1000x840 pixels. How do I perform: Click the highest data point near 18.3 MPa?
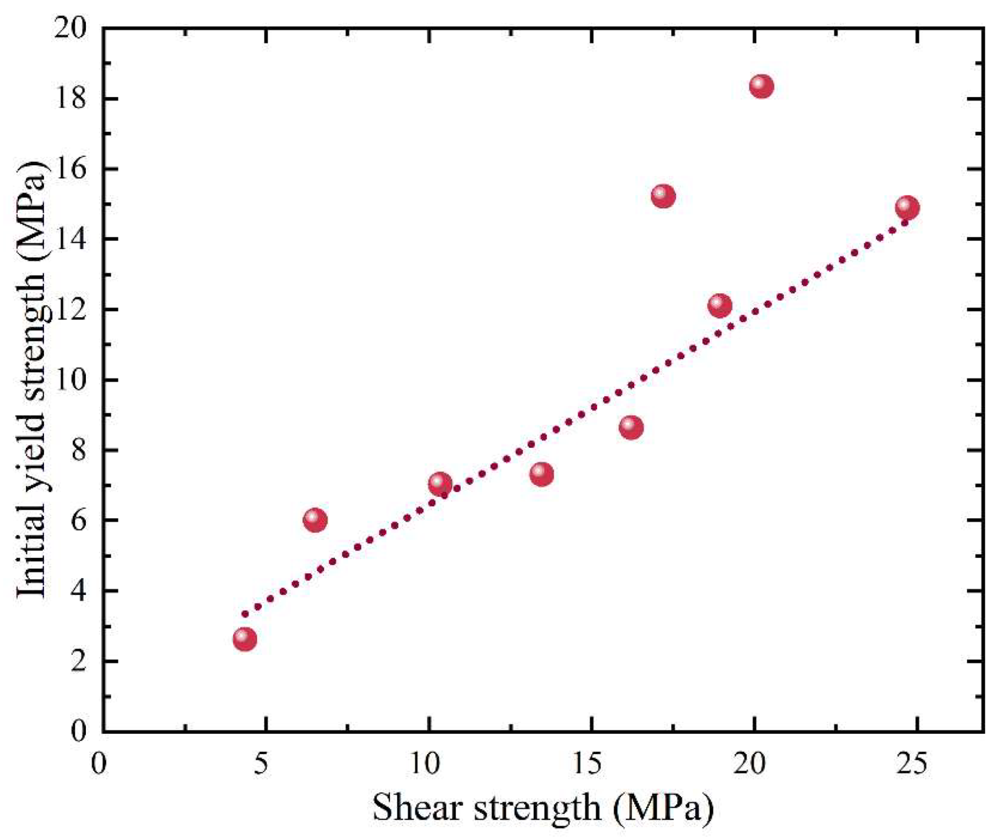click(761, 86)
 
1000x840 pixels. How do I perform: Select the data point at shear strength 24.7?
click(907, 208)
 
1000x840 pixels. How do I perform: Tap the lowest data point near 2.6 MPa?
click(245, 639)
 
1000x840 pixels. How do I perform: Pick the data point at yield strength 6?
click(315, 520)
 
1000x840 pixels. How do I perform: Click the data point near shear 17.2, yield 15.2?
click(663, 196)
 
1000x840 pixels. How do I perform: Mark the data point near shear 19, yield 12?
click(720, 305)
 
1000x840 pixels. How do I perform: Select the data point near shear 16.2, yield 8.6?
click(631, 427)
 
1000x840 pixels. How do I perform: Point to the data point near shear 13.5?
click(542, 474)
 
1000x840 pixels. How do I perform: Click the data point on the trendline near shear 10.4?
click(440, 484)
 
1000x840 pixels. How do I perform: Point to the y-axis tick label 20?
click(71, 28)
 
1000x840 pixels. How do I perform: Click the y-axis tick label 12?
click(71, 310)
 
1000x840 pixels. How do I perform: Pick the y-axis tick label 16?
click(71, 169)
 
